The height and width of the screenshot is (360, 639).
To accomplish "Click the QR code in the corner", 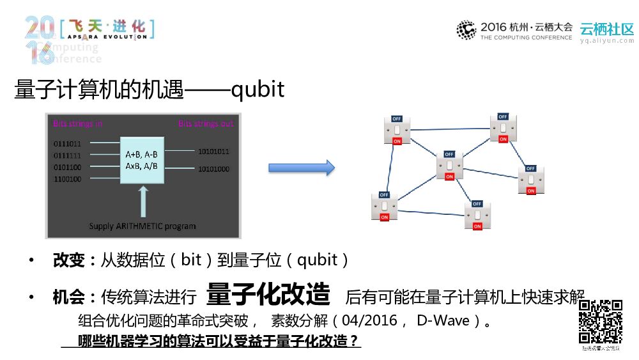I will pos(601,322).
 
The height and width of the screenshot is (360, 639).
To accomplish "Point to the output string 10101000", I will pos(214,169).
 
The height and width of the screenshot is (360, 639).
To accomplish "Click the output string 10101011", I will pos(214,152).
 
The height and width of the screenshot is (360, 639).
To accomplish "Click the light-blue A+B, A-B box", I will pos(142,160).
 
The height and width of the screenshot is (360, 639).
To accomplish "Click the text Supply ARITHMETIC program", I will pos(142,226).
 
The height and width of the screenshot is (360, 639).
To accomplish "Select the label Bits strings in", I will pos(77,123).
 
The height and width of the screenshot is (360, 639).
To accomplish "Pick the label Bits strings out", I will pos(206,123).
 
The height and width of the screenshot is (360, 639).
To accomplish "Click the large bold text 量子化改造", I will pos(268,294).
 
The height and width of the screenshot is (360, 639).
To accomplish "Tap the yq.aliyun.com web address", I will pos(606,40).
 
